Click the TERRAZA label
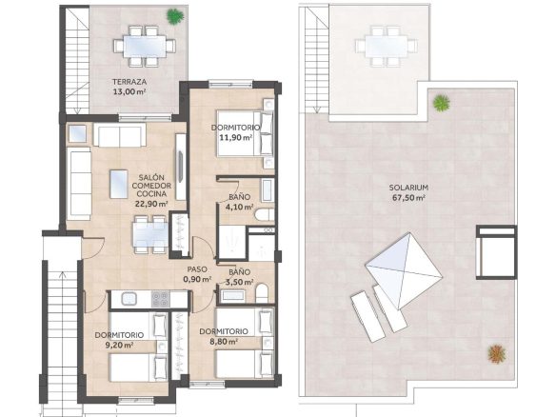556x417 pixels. [129, 82]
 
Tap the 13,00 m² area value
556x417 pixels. [129, 91]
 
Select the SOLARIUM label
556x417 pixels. [408, 188]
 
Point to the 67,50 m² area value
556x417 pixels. [408, 198]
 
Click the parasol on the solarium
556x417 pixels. [405, 270]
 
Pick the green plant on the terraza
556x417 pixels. [175, 16]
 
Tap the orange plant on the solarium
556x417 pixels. [497, 353]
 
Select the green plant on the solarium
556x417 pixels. [442, 103]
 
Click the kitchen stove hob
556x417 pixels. [160, 299]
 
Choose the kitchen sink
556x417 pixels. [129, 299]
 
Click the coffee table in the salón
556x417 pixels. [119, 184]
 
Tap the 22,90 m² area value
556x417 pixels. [151, 204]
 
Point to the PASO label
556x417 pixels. [197, 269]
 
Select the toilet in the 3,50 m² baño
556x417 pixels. [262, 293]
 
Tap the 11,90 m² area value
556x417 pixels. [235, 138]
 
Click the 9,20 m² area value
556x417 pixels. [120, 345]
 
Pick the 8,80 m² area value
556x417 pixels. [224, 342]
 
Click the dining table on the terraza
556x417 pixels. [145, 46]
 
